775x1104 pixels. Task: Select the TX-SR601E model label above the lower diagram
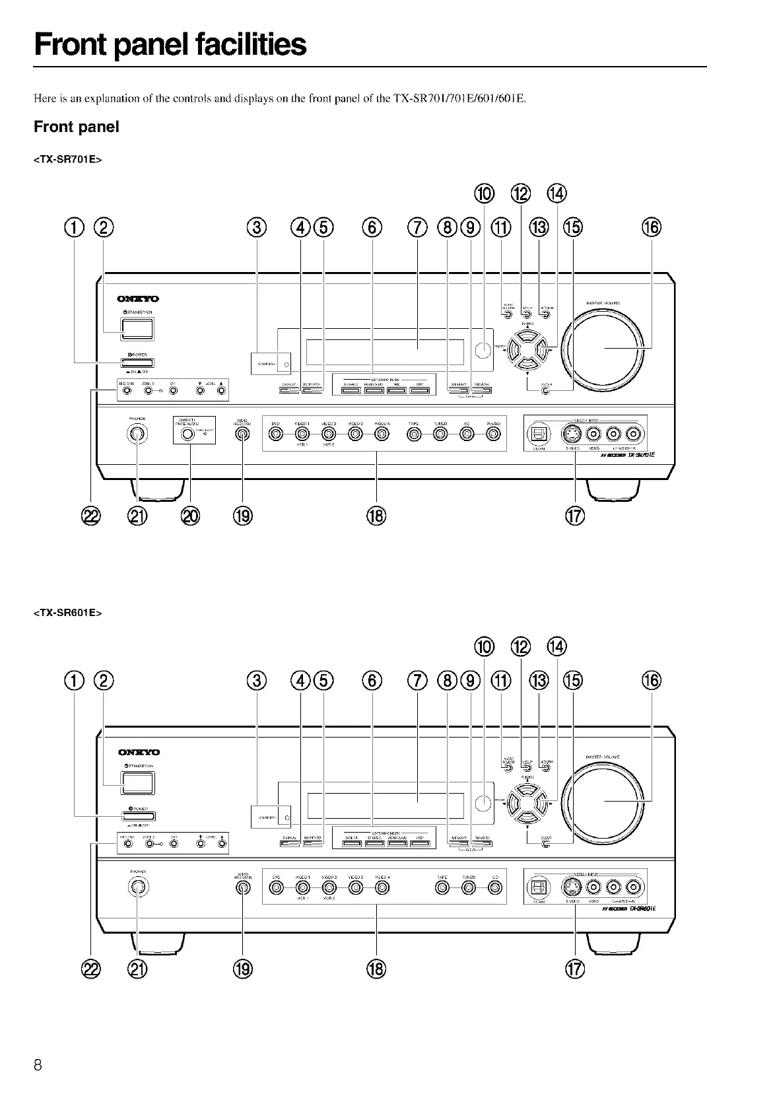pos(68,612)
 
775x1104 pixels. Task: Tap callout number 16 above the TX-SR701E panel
pos(651,227)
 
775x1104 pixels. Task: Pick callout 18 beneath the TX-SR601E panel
pos(376,969)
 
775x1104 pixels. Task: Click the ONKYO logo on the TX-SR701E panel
pos(138,299)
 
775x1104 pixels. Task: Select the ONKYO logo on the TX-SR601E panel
pos(138,752)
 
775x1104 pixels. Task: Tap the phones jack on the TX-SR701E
pos(137,434)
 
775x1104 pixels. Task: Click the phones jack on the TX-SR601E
pos(137,887)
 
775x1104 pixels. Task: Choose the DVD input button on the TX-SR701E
pos(276,434)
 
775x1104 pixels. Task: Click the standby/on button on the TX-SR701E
pos(137,328)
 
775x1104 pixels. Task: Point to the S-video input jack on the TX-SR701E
pos(570,433)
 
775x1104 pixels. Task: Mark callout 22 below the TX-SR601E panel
pos(90,969)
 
